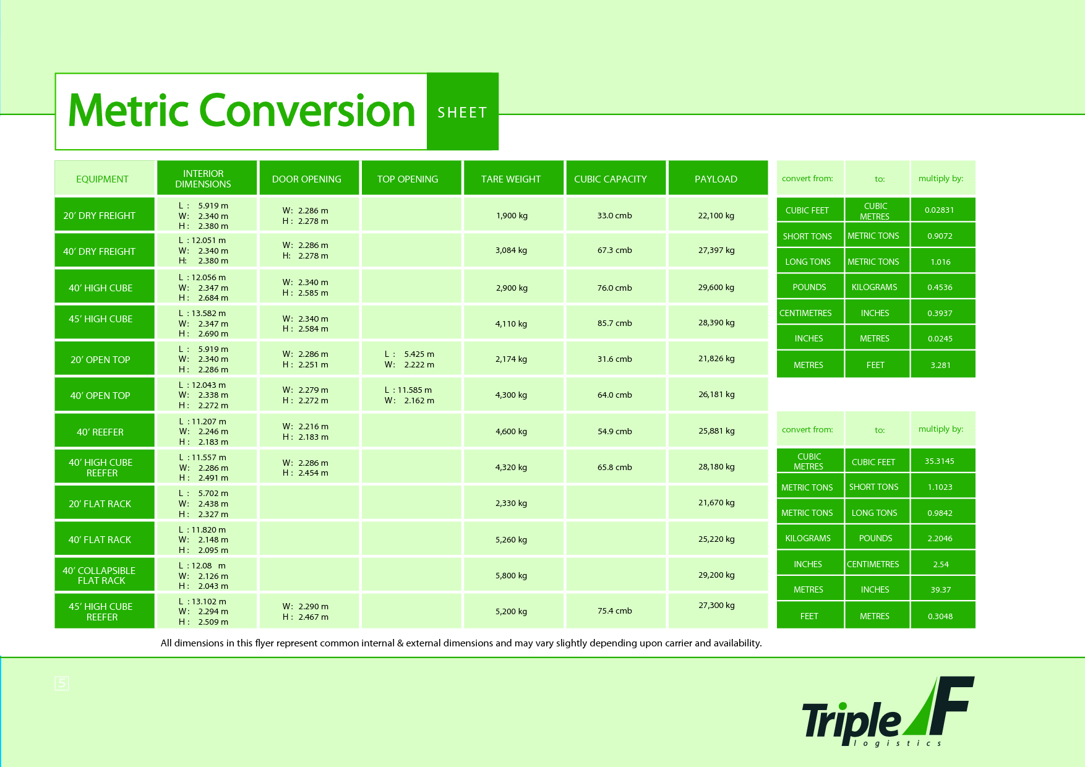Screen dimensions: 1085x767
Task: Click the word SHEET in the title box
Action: (x=462, y=113)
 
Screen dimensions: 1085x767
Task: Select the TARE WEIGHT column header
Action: (x=511, y=179)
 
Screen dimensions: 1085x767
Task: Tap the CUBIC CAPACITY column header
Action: (x=611, y=179)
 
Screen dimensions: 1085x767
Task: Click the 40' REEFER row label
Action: (x=100, y=432)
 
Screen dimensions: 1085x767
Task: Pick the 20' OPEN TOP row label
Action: (x=100, y=359)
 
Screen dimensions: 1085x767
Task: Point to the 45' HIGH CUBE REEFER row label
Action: (x=101, y=611)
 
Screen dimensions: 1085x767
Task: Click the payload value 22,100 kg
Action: (x=716, y=215)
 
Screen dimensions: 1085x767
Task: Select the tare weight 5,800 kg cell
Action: (x=512, y=575)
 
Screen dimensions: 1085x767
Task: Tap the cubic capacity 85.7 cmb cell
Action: (x=615, y=323)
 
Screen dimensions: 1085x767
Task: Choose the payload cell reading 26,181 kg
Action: (x=716, y=394)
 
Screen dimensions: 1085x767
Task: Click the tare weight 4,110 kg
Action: (x=512, y=324)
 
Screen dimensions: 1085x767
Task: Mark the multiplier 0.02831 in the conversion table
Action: (x=940, y=210)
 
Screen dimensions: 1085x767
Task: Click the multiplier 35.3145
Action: (x=940, y=461)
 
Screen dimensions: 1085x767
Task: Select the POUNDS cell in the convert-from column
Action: (x=809, y=287)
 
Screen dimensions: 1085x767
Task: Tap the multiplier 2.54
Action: (x=941, y=564)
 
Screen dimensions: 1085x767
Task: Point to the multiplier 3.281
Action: (x=941, y=365)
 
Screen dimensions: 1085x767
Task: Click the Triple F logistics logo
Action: (x=888, y=711)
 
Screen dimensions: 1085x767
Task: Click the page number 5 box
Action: (x=62, y=683)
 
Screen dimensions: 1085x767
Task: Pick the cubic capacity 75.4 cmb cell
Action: (x=615, y=611)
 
